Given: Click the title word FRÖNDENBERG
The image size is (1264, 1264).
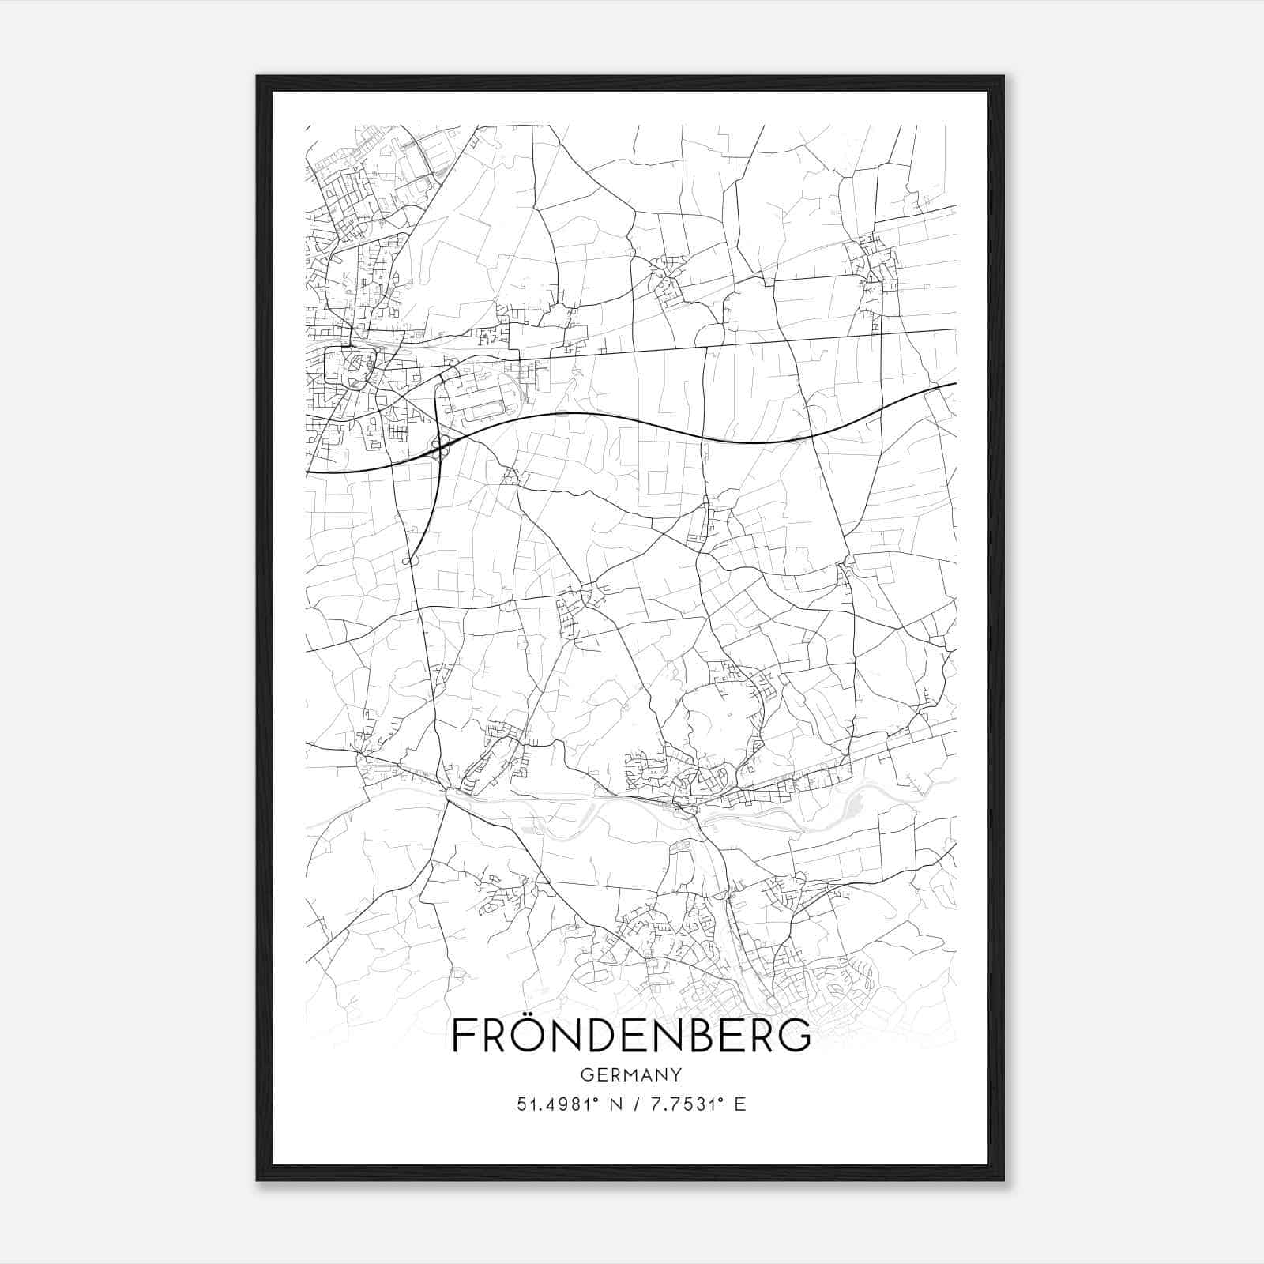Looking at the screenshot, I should (x=631, y=1035).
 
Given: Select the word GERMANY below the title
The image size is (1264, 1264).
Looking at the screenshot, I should (x=631, y=1074).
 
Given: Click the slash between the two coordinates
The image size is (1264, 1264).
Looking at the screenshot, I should (x=638, y=1104).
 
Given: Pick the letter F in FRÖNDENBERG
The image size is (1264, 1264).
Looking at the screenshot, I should (x=463, y=1035).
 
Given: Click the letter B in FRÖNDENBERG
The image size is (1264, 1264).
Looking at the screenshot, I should (x=717, y=1035).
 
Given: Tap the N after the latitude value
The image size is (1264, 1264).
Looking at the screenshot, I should (x=614, y=1104).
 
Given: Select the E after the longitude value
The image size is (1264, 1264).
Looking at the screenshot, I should (x=740, y=1104).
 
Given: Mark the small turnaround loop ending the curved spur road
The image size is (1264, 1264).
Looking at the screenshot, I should (x=408, y=561).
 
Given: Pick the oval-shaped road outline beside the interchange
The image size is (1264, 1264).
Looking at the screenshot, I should (x=483, y=412).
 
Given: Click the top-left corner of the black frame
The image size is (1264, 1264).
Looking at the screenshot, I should (x=258, y=77).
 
